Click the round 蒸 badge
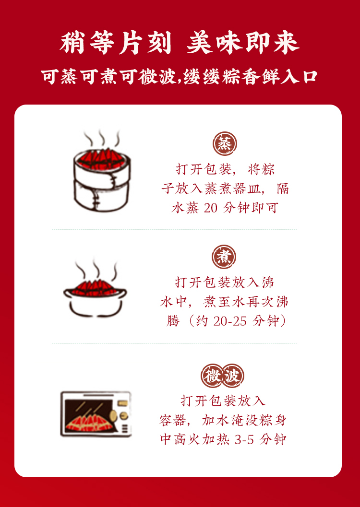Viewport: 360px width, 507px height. (225, 143)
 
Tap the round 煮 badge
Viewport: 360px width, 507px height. (224, 257)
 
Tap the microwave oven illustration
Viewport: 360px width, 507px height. (96, 414)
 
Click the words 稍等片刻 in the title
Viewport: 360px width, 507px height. (116, 44)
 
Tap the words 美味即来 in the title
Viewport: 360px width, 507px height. (243, 44)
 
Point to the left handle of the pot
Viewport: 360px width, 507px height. (67, 293)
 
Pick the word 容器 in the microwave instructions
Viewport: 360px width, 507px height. (173, 421)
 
